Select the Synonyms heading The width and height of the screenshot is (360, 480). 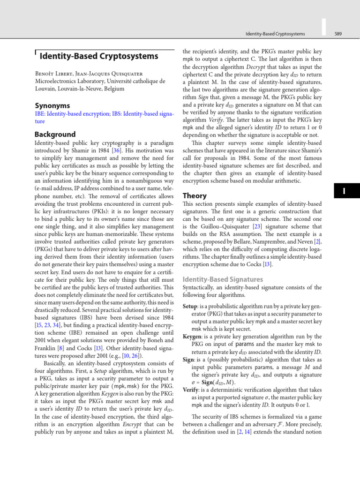(52, 105)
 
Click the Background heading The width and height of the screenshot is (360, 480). (55, 134)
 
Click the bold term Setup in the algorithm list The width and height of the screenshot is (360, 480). (190, 306)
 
